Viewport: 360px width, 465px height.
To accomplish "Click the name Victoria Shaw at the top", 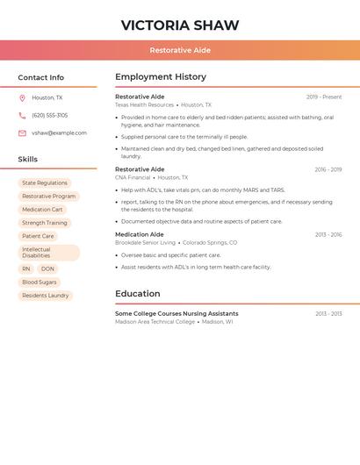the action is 180,25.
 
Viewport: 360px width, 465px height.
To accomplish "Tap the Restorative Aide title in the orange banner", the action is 180,50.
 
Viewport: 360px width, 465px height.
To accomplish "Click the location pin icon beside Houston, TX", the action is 22,97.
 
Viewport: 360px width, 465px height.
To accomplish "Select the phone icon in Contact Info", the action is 22,115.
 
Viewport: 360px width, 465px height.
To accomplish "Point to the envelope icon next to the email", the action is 22,133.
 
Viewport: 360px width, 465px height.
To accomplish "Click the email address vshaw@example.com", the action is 59,133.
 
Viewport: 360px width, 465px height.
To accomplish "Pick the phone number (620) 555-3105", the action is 49,115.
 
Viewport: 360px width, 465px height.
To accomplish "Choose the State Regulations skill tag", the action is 45,183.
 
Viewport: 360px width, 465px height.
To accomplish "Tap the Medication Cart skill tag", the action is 42,210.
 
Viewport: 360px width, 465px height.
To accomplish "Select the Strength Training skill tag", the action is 45,223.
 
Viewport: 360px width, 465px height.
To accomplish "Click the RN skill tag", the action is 26,269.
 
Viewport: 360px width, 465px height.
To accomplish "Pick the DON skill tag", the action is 47,269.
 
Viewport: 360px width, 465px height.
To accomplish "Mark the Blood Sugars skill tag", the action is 40,283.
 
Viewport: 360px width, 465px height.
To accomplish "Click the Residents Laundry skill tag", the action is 46,296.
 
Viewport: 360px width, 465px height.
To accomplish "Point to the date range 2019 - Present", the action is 324,97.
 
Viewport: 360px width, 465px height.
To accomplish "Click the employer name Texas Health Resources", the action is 145,105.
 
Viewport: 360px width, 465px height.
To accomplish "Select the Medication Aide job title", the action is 139,234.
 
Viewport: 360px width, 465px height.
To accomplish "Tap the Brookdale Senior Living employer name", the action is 146,243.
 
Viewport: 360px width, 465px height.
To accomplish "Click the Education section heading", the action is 138,294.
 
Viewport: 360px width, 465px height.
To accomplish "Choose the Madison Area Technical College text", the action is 155,322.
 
